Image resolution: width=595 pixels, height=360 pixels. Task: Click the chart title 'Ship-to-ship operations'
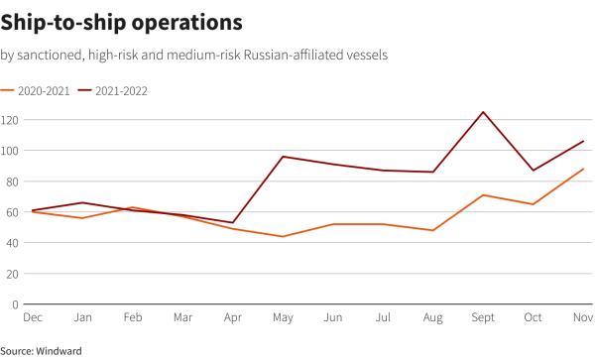click(117, 20)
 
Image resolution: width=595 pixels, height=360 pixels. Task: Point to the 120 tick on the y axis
click(11, 120)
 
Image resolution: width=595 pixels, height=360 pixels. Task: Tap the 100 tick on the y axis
click(11, 151)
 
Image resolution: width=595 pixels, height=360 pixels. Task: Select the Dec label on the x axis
click(33, 318)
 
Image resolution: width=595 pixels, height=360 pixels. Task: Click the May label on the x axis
click(284, 318)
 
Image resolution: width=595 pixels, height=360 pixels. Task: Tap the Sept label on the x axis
click(483, 318)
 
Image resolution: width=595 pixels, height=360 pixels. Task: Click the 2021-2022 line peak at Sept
click(483, 112)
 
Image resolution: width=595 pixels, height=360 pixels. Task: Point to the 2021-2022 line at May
click(284, 157)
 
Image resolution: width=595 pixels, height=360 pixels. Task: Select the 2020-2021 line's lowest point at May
click(284, 236)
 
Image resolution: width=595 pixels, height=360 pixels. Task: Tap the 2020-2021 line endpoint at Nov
click(583, 169)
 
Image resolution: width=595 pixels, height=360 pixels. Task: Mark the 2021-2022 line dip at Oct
click(534, 171)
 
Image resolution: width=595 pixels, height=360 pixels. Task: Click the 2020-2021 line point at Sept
click(483, 195)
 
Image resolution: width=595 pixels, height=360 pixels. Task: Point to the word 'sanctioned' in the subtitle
click(50, 55)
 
